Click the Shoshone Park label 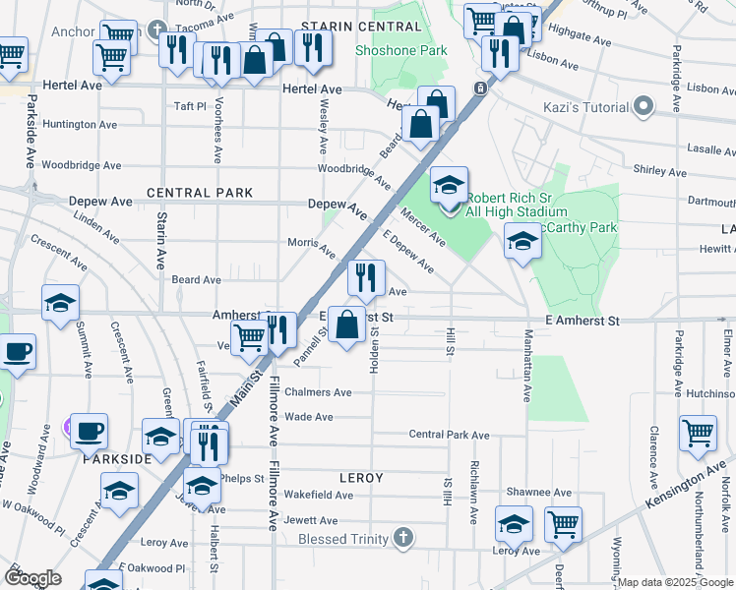pos(401,51)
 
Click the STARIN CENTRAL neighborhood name pos(348,26)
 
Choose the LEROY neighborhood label pos(360,477)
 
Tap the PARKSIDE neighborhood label pos(116,459)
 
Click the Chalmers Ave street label pos(318,392)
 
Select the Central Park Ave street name pos(449,435)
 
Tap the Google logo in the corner pos(32,578)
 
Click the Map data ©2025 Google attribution pos(675,582)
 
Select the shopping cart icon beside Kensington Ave pos(698,435)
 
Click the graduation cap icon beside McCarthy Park pos(521,241)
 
